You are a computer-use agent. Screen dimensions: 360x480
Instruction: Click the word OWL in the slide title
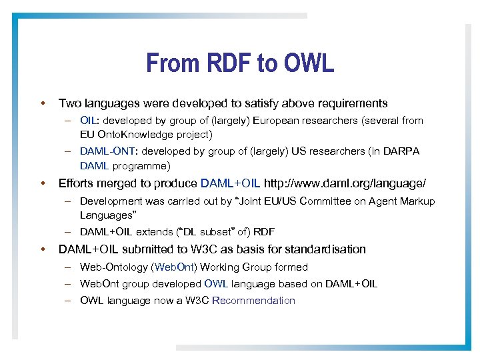[x=308, y=63]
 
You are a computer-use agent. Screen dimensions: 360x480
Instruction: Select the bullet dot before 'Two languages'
[x=42, y=103]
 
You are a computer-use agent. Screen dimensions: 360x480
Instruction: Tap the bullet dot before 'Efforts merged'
[x=42, y=183]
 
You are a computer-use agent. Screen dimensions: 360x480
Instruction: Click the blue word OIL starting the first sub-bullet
[x=89, y=121]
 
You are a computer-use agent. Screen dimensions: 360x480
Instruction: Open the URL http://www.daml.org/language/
[x=345, y=183]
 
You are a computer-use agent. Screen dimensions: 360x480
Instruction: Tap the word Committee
[x=335, y=201]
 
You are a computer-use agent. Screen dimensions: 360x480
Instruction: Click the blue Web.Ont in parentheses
[x=174, y=267]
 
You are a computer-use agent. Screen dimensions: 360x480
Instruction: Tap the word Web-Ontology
[x=114, y=267]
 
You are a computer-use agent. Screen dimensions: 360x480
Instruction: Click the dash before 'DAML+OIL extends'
[x=69, y=232]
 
